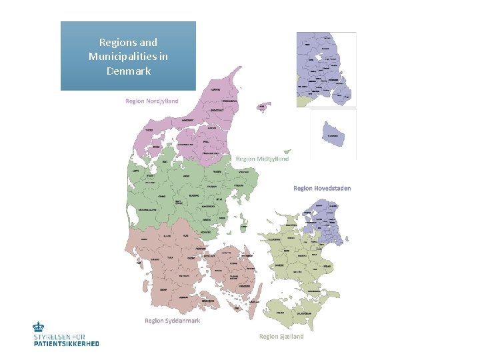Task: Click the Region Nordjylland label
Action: pos(152,101)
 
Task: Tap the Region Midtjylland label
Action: pos(263,159)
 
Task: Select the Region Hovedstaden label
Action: pos(322,188)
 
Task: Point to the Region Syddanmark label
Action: pos(173,321)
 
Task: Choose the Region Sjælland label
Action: pos(281,337)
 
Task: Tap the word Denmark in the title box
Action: pos(128,71)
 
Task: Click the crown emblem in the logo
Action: pos(39,327)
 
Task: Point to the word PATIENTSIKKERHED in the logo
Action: pos(66,343)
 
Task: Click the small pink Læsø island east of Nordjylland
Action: pos(264,106)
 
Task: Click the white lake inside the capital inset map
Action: pos(327,58)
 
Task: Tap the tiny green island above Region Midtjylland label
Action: pos(287,151)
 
